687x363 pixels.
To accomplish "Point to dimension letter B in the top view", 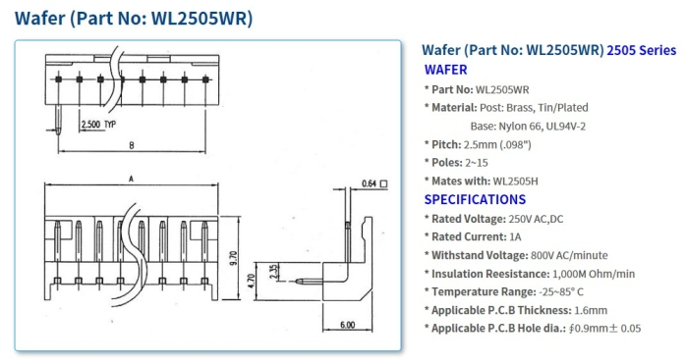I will [x=131, y=145].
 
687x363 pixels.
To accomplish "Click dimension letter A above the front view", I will [x=131, y=179].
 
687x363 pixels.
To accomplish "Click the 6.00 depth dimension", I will [x=347, y=325].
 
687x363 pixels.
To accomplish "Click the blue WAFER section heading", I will [x=445, y=70].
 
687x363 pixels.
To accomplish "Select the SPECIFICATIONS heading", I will [x=477, y=199].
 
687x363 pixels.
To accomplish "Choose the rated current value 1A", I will [x=514, y=236].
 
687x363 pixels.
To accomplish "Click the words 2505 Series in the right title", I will [x=642, y=49].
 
